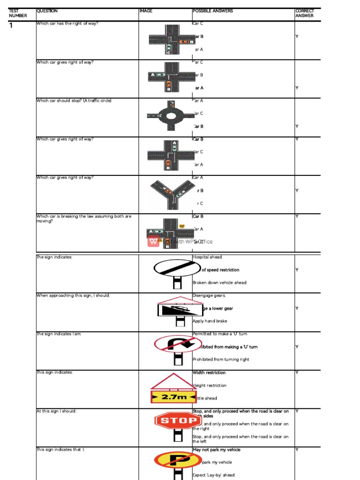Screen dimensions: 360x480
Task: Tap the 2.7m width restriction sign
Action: [174, 397]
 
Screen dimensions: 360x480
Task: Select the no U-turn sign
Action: [178, 344]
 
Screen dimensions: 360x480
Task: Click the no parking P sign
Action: [178, 459]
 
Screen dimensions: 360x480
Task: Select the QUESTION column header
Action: [47, 11]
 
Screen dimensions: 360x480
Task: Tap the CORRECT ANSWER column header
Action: [305, 13]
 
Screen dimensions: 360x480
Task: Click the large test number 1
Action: [11, 25]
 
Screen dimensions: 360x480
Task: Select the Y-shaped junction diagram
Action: [172, 193]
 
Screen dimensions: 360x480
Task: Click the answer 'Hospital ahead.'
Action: [208, 257]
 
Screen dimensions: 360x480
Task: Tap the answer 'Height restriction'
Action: [210, 385]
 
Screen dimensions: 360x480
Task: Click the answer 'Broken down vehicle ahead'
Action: [219, 283]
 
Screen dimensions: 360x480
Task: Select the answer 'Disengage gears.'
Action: [209, 296]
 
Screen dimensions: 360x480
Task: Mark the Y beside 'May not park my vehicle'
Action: [297, 450]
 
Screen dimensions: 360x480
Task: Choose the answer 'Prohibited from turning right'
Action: [221, 360]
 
